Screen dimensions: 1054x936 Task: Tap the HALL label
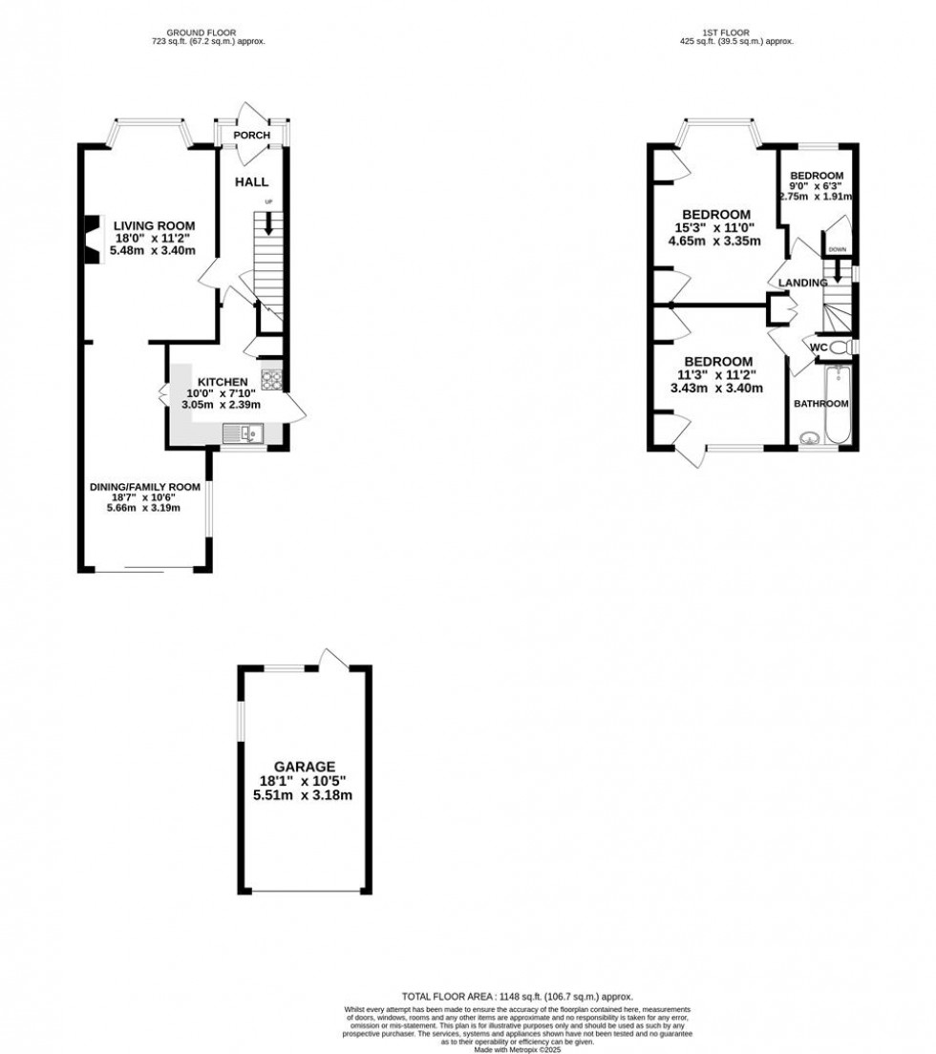click(x=252, y=181)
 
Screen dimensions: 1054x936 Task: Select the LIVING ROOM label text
click(x=149, y=225)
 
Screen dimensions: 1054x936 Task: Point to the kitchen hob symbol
click(x=270, y=380)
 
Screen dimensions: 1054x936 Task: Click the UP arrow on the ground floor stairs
click(x=268, y=222)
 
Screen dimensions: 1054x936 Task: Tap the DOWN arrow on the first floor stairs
click(x=838, y=270)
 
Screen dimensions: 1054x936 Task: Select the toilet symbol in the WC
click(x=840, y=347)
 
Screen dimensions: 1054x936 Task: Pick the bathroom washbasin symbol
click(x=810, y=439)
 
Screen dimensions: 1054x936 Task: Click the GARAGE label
click(x=305, y=766)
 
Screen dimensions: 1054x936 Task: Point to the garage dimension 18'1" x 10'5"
click(x=305, y=780)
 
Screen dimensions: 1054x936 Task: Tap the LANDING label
click(x=802, y=284)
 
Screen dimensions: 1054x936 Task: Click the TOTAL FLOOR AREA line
click(x=518, y=996)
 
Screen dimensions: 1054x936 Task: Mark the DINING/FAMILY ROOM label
click(x=145, y=487)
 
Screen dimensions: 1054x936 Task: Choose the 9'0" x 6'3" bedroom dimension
click(x=816, y=186)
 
